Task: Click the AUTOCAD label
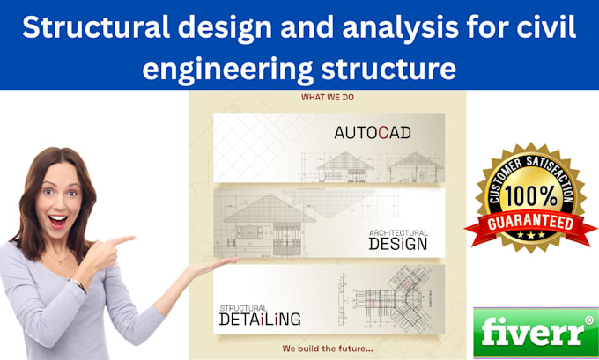(373, 134)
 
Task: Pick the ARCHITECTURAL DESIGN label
(397, 239)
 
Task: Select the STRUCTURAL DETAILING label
(260, 314)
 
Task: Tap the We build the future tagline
(327, 349)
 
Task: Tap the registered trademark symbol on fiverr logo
(589, 320)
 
